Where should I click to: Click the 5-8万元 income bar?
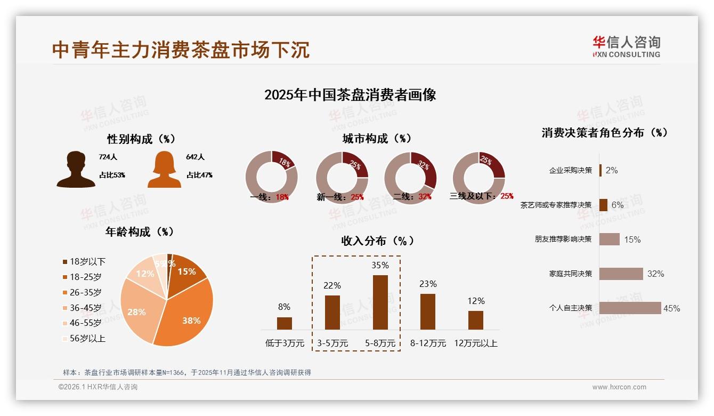pyautogui.click(x=380, y=302)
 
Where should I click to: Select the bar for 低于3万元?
pyautogui.click(x=284, y=323)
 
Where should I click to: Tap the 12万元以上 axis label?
pyautogui.click(x=475, y=343)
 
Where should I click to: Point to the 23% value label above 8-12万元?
pyautogui.click(x=428, y=284)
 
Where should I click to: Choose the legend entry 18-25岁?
pyautogui.click(x=85, y=277)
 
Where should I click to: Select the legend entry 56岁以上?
pyautogui.click(x=87, y=338)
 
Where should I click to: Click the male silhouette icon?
pyautogui.click(x=76, y=169)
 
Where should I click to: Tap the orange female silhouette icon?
pyautogui.click(x=164, y=169)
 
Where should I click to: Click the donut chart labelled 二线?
pyautogui.click(x=410, y=178)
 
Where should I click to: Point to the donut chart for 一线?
pyautogui.click(x=271, y=178)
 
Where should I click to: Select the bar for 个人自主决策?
pyautogui.click(x=630, y=308)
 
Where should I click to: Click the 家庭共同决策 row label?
pyautogui.click(x=570, y=274)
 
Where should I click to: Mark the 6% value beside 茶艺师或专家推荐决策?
pyautogui.click(x=617, y=205)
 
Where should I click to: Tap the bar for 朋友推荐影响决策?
pyautogui.click(x=609, y=239)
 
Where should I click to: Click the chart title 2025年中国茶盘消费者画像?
pyautogui.click(x=350, y=95)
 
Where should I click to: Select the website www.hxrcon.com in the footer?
pyautogui.click(x=619, y=387)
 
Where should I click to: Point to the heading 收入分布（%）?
pyautogui.click(x=377, y=241)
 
